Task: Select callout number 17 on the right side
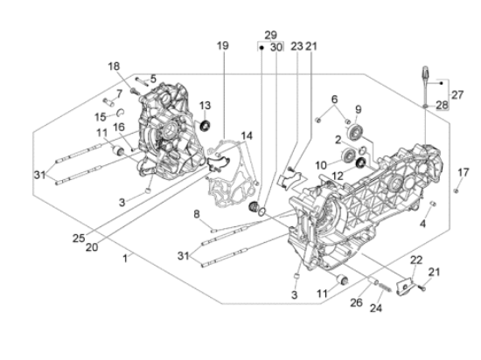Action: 463,171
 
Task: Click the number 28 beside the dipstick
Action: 442,106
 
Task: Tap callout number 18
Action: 114,66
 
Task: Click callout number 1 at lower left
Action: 126,259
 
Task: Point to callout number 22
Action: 416,260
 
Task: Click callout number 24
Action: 375,307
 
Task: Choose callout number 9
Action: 358,110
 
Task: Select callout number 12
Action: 336,176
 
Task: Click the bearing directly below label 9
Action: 357,133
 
